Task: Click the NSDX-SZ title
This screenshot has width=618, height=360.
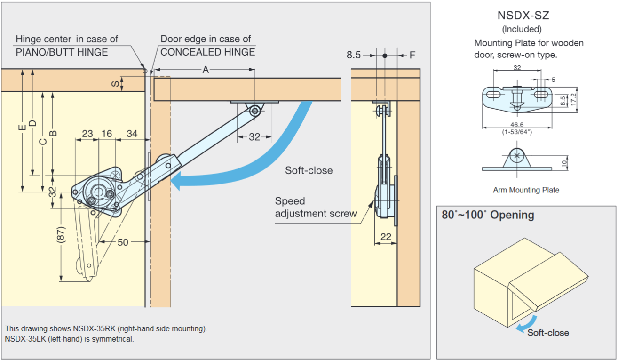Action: coord(523,15)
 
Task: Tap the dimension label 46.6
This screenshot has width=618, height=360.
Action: coord(517,125)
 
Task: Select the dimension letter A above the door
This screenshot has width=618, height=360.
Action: coord(206,70)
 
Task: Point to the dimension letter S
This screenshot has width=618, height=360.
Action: coord(115,84)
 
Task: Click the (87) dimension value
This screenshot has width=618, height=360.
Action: coord(61,235)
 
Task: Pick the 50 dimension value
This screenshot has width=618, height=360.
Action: coord(123,242)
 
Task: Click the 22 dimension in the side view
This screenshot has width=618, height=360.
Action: coord(386,237)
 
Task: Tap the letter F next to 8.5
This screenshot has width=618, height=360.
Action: coord(412,55)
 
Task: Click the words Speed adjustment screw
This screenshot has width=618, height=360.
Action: coord(316,207)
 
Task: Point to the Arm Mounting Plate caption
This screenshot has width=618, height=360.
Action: coord(526,190)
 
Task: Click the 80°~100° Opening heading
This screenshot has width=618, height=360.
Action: coord(488,215)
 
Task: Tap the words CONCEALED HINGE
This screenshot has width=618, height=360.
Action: coord(208,52)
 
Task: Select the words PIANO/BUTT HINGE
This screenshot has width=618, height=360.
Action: coord(62,52)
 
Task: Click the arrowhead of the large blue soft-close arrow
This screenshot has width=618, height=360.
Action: coord(176,181)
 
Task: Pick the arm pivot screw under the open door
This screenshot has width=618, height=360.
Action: coord(255,111)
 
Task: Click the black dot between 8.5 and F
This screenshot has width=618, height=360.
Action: coord(385,56)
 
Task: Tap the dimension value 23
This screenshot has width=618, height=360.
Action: coord(87,134)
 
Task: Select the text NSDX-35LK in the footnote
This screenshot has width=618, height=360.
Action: coord(25,339)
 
